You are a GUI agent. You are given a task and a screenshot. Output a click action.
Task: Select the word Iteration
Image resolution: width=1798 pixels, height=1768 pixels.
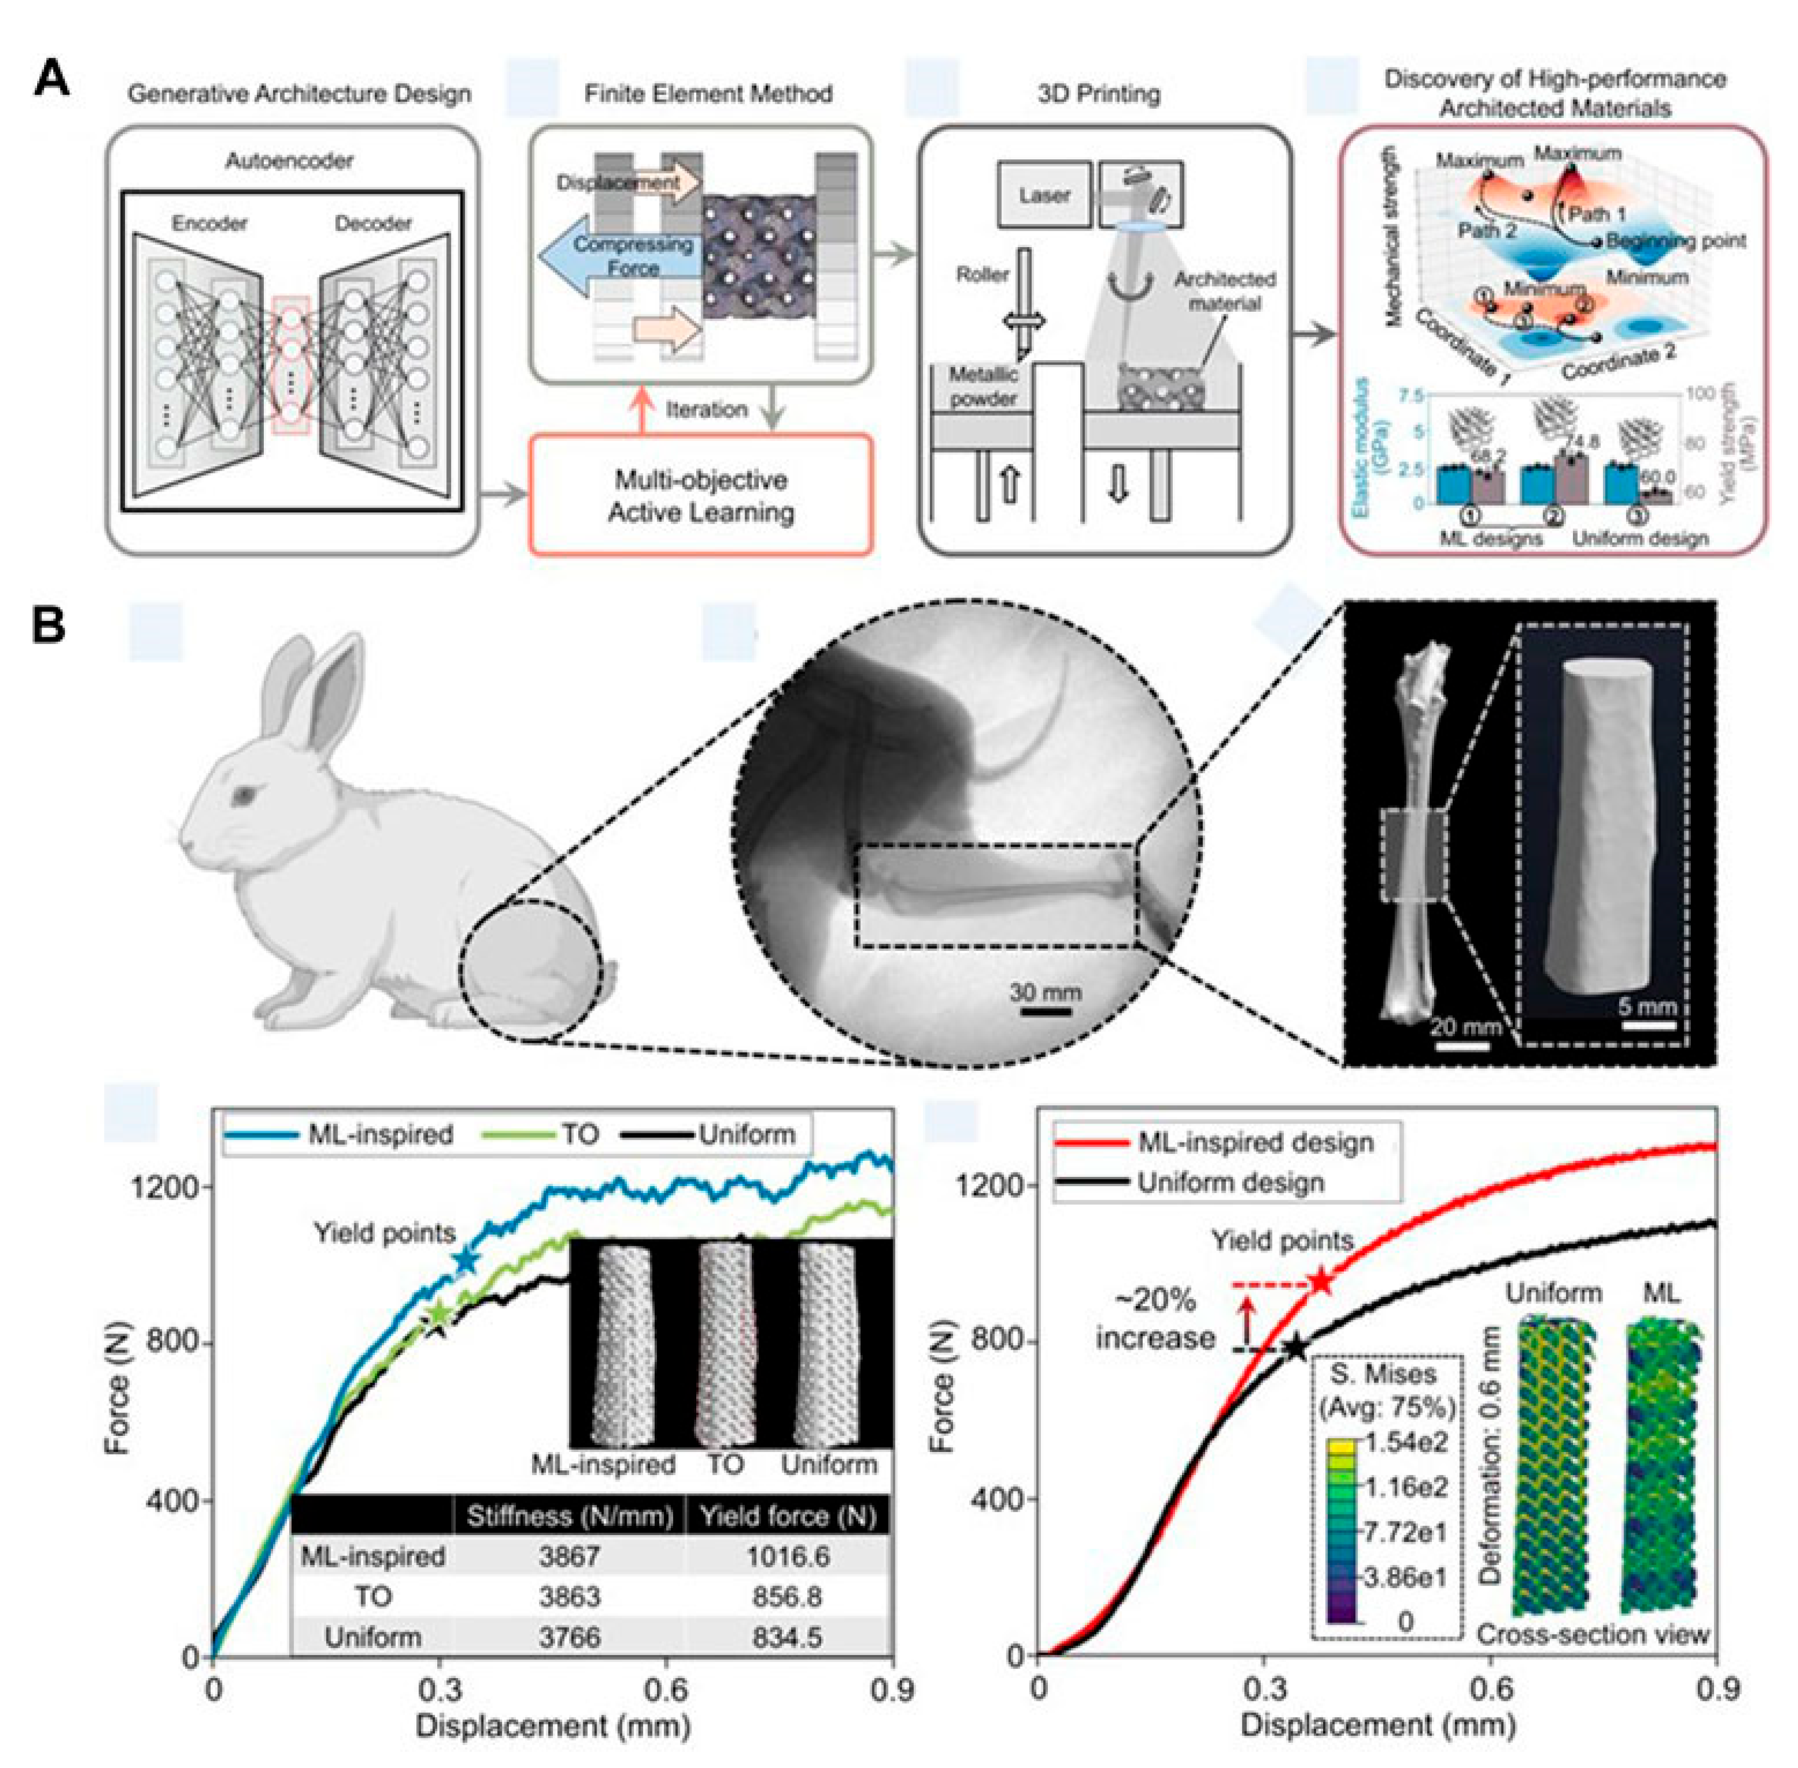click(x=706, y=410)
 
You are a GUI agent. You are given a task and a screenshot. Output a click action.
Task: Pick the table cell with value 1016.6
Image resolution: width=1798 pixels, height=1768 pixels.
click(x=788, y=1556)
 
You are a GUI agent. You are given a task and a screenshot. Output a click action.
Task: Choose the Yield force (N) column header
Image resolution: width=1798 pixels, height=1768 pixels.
click(x=788, y=1517)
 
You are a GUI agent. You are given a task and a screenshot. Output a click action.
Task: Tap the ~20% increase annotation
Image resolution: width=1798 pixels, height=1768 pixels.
click(x=1156, y=1320)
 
